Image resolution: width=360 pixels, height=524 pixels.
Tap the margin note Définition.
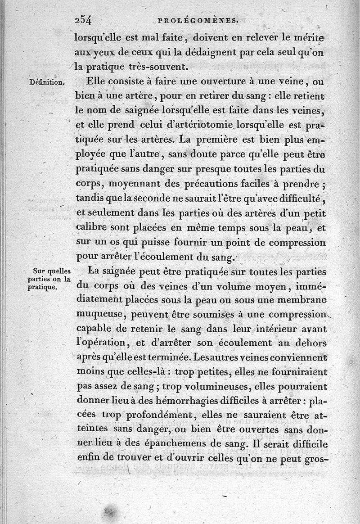47,82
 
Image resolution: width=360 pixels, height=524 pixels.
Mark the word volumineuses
211,387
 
